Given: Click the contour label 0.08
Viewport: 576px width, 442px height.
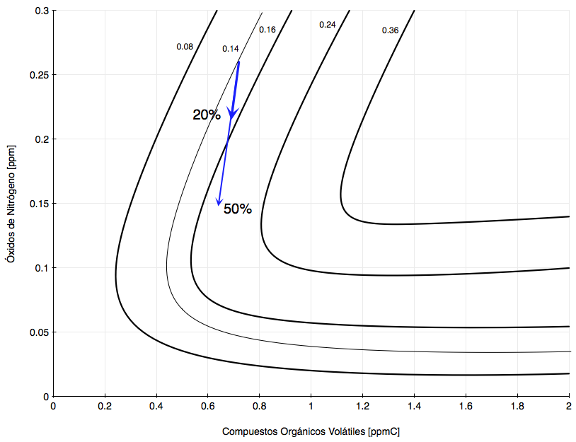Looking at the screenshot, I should coord(185,47).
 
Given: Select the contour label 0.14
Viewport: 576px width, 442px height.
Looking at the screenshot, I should coord(231,49).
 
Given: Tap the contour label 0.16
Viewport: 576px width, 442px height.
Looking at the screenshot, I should coord(267,30).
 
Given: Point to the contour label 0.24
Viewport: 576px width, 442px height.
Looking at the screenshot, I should coord(328,25).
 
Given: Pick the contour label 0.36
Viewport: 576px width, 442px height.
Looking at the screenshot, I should coord(390,30).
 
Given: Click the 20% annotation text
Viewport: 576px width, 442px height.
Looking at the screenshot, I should coord(207,115).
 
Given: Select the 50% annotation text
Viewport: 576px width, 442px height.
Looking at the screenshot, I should coord(238,209).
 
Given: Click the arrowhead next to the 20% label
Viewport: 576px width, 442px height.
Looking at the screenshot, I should coord(231,112).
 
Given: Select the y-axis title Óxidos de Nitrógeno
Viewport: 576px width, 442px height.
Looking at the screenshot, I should coord(10,205).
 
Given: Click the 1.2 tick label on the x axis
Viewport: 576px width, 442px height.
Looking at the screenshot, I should coord(363,406).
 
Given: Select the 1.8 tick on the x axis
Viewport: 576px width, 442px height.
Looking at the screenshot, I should coord(518,406).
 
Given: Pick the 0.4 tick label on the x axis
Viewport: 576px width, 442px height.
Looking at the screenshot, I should coord(156,406).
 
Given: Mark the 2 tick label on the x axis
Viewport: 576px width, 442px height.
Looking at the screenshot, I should coord(570,406).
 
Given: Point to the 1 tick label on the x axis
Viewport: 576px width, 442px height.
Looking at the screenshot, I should coord(311,406).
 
